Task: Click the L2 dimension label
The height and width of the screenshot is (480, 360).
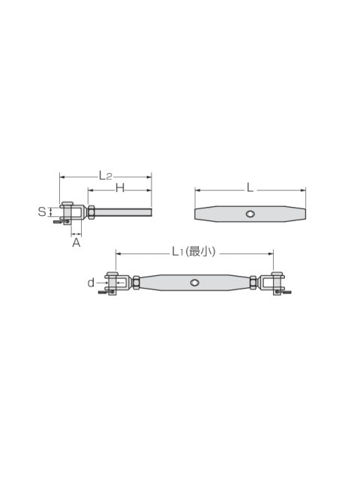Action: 105,175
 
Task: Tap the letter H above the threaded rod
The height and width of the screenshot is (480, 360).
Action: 120,188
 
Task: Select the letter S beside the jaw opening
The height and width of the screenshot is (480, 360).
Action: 42,211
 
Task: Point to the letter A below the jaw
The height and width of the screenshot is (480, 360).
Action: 76,243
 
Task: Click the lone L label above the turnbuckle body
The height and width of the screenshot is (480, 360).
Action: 250,187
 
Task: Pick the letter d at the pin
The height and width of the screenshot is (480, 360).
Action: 91,283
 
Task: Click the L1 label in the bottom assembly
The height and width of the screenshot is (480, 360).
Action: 177,252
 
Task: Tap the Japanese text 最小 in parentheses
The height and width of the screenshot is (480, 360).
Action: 201,252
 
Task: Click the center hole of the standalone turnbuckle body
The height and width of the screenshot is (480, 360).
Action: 250,214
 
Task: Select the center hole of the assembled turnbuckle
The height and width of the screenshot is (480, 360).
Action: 194,282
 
